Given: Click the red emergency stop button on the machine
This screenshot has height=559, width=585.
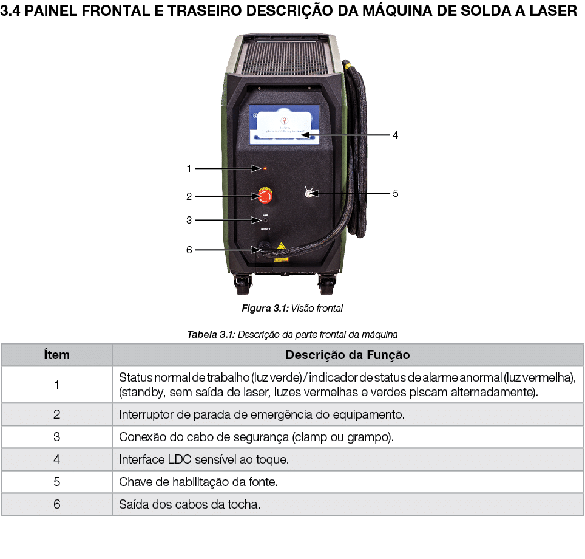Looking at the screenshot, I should pyautogui.click(x=265, y=196).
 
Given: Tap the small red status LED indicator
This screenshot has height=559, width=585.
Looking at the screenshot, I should pyautogui.click(x=265, y=168).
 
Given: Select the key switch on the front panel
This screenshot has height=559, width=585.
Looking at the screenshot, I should pyautogui.click(x=309, y=193).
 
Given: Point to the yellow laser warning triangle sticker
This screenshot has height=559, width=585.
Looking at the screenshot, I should pyautogui.click(x=280, y=246).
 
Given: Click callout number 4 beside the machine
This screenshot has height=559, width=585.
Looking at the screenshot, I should pyautogui.click(x=395, y=135).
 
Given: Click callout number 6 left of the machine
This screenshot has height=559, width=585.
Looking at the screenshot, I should pyautogui.click(x=189, y=250).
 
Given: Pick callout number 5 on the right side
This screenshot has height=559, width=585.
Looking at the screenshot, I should pyautogui.click(x=395, y=193).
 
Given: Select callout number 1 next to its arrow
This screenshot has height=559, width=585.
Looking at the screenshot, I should pyautogui.click(x=189, y=168).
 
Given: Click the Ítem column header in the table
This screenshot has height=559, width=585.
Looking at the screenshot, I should pyautogui.click(x=56, y=355).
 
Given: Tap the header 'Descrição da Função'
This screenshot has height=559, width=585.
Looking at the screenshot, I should pyautogui.click(x=347, y=355).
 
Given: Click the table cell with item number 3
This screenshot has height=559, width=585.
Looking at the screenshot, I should pyautogui.click(x=56, y=437).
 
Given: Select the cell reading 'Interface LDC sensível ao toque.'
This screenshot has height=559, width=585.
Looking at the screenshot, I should pyautogui.click(x=203, y=459).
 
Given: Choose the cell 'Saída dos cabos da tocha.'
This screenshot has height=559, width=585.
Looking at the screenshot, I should pyautogui.click(x=189, y=504).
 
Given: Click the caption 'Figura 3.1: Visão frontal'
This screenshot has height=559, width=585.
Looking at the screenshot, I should pyautogui.click(x=292, y=308).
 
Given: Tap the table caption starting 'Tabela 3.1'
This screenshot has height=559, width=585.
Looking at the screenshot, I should pyautogui.click(x=292, y=334).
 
